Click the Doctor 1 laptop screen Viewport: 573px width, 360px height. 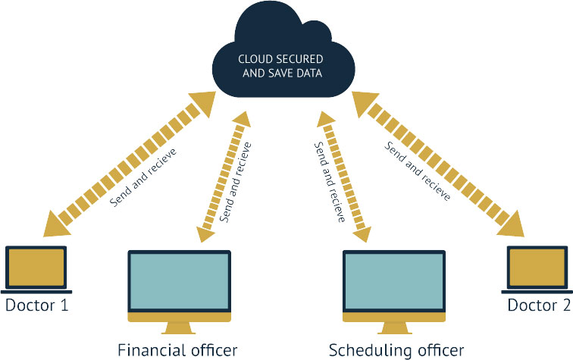point(36,268)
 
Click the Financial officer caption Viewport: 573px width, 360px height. point(178,349)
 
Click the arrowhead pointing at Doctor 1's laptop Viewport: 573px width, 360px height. point(59,222)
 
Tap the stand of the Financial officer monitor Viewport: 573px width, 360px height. point(179,328)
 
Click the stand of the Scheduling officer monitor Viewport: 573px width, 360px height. point(394,328)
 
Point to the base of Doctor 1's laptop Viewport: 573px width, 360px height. point(36,291)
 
